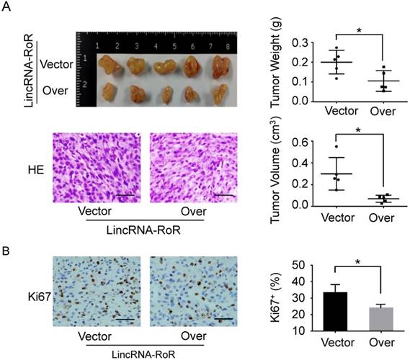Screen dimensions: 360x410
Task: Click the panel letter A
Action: pos(9,9)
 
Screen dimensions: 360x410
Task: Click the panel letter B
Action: pos(9,256)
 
